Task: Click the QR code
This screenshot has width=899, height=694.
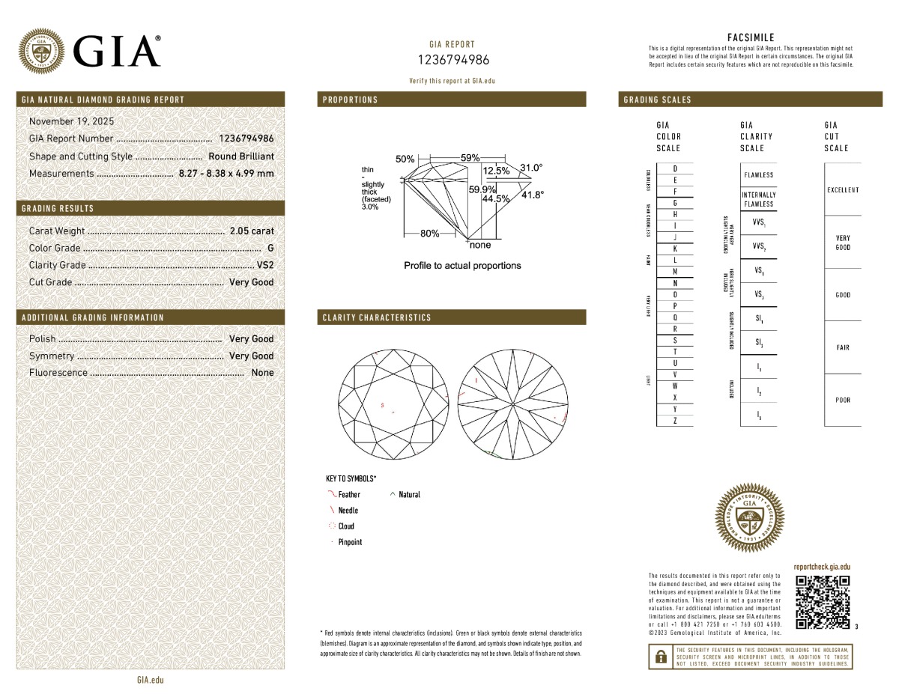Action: [x=822, y=602]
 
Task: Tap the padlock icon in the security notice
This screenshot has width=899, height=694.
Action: [x=661, y=657]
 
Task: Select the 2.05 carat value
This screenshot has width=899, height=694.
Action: [x=252, y=231]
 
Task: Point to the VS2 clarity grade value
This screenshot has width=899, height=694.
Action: [x=265, y=265]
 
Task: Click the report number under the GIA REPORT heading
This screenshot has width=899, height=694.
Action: [x=452, y=60]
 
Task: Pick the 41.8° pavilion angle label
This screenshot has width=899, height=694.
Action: [x=533, y=195]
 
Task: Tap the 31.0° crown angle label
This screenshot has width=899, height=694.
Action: [x=530, y=168]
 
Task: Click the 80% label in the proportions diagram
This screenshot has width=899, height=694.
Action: [x=429, y=234]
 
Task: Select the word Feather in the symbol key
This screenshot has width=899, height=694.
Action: [x=349, y=495]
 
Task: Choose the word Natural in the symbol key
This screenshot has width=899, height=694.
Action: [x=409, y=495]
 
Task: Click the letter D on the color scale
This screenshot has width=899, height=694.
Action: [x=675, y=168]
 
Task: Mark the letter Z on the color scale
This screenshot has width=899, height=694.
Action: [x=675, y=421]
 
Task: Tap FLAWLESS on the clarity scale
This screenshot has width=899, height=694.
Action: [x=759, y=175]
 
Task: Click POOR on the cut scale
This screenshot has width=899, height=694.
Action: [x=843, y=401]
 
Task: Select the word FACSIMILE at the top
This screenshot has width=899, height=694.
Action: [x=751, y=37]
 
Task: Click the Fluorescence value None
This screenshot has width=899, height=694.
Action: [x=263, y=373]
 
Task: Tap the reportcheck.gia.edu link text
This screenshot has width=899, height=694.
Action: [x=822, y=567]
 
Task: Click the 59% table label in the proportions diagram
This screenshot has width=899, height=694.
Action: [x=470, y=158]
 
